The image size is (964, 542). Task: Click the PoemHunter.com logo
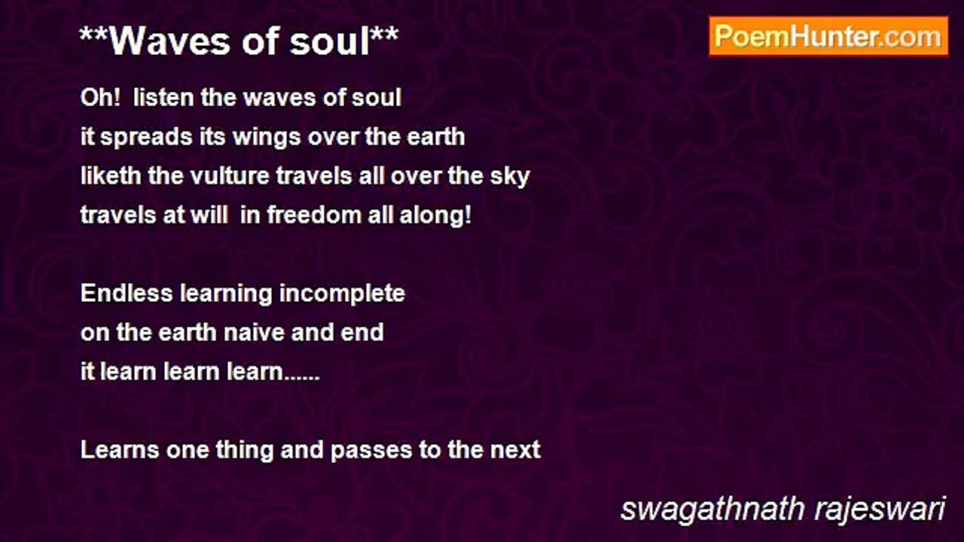[x=828, y=36]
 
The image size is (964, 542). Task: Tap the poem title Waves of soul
[x=239, y=42]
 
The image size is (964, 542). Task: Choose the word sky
[x=511, y=176]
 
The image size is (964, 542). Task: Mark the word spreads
[x=139, y=137]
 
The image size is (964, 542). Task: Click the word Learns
[x=117, y=449]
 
